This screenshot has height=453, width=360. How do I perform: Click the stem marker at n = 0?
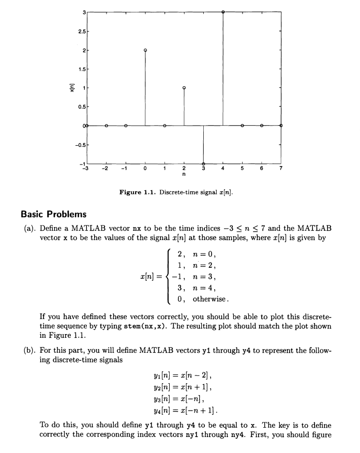(x=145, y=50)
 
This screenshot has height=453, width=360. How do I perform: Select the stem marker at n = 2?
(x=184, y=88)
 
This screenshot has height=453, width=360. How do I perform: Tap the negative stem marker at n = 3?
(x=203, y=163)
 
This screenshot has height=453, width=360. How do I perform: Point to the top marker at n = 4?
(x=223, y=11)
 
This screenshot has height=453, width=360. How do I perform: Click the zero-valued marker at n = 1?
(x=164, y=126)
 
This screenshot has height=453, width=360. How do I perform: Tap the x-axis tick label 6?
(x=262, y=168)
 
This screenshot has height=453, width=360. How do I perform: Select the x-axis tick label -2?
(x=106, y=168)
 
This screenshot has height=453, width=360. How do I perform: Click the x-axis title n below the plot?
(x=184, y=175)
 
